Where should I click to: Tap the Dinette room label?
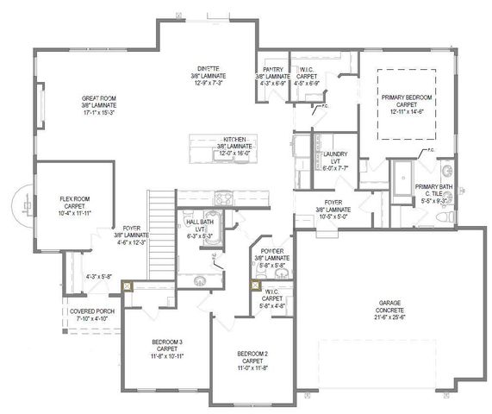click(208, 68)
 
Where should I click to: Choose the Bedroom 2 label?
click(254, 353)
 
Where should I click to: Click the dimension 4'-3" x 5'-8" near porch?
click(99, 277)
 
